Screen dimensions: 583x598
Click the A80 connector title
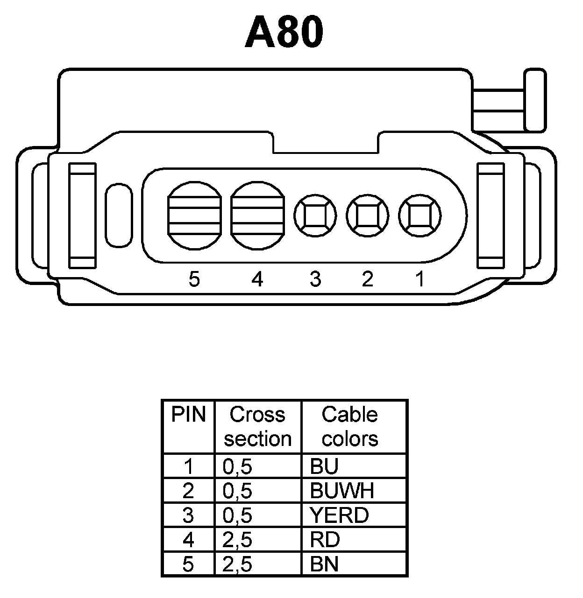[x=284, y=33]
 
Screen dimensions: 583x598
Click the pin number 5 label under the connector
[x=194, y=279]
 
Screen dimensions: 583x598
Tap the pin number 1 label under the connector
[x=420, y=279]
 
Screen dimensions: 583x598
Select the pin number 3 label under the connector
[x=315, y=279]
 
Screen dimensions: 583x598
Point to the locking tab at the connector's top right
[x=535, y=100]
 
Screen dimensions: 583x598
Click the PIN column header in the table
[x=188, y=415]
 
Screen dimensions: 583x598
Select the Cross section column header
[x=257, y=426]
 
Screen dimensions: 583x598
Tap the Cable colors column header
[x=350, y=426]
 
